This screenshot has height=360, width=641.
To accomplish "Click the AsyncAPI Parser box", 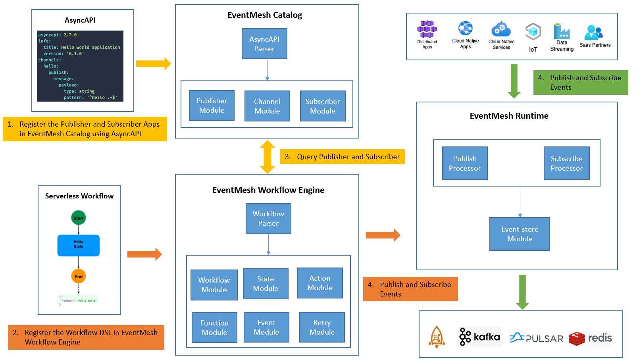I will point(264,44).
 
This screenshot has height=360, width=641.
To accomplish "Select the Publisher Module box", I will point(212,105).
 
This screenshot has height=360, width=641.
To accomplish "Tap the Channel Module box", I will point(267,106).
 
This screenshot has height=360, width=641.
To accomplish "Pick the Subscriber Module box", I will point(323,106).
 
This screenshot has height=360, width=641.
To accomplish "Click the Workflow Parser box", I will point(268,218).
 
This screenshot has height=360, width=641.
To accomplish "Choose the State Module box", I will point(266,283).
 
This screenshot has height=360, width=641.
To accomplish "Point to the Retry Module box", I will point(322,327).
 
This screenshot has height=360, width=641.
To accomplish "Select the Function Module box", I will point(214,327).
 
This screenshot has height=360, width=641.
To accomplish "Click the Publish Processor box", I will point(465,163).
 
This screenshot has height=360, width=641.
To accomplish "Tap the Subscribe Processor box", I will point(566,163).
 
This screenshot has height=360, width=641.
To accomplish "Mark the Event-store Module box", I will point(520,234).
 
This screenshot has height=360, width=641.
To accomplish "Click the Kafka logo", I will point(480,337).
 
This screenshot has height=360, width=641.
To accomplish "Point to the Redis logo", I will point(590,339).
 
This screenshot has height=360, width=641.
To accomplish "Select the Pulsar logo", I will point(536,338).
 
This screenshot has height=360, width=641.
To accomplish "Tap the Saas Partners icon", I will point(594,33).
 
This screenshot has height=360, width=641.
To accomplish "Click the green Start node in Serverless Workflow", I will point(79,218).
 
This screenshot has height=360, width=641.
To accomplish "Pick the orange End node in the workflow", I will point(79,276).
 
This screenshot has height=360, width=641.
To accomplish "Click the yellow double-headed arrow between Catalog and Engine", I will point(268,157).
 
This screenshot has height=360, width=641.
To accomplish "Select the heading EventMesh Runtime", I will point(509,116).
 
